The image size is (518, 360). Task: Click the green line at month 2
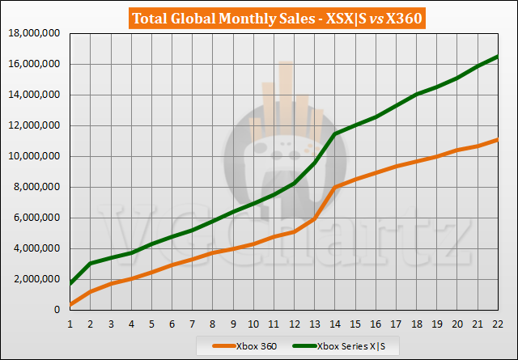pos(91,263)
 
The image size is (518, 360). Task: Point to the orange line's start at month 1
pos(70,305)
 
